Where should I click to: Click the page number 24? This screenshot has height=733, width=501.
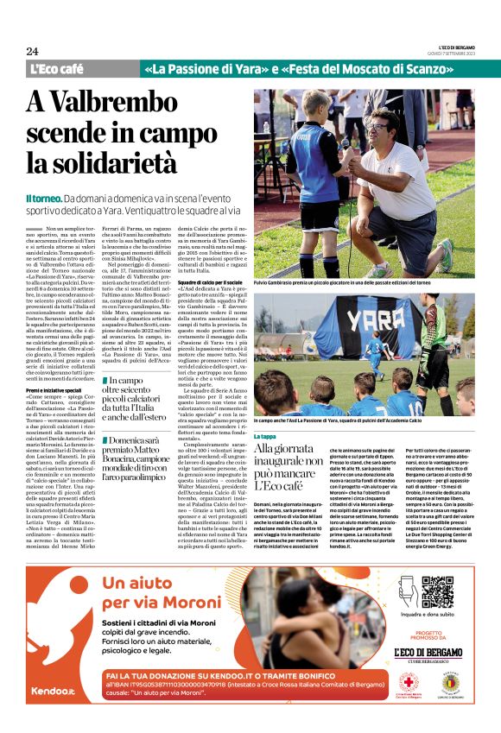33,51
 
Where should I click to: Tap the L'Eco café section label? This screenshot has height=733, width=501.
56,69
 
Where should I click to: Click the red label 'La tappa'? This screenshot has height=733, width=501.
267,437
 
